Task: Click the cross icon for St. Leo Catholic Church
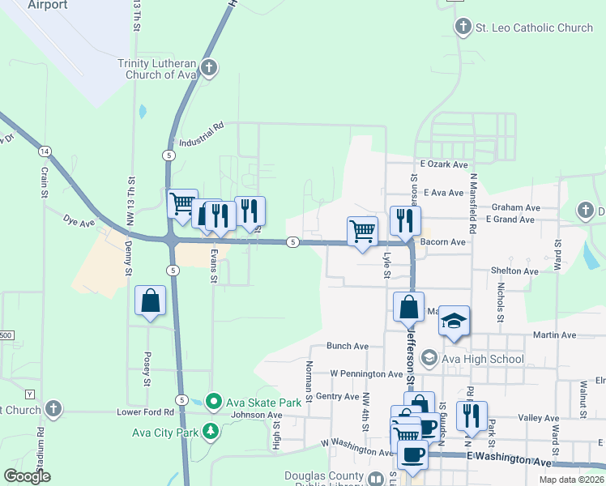pyautogui.click(x=463, y=28)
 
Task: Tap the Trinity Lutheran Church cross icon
pyautogui.click(x=209, y=67)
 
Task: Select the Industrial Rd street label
pyautogui.click(x=196, y=133)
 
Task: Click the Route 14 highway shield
pyautogui.click(x=45, y=151)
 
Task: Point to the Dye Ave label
pyautogui.click(x=79, y=220)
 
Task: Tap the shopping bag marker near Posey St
pyautogui.click(x=151, y=301)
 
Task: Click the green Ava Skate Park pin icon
pyautogui.click(x=214, y=400)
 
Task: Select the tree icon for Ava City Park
pyautogui.click(x=211, y=432)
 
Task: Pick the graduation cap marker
pyautogui.click(x=454, y=322)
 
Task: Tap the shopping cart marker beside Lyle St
pyautogui.click(x=362, y=230)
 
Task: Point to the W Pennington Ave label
pyautogui.click(x=366, y=374)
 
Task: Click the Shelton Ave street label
pyautogui.click(x=514, y=271)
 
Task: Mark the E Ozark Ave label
pyautogui.click(x=443, y=164)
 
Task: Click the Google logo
pyautogui.click(x=27, y=476)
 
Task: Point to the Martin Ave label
pyautogui.click(x=554, y=335)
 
